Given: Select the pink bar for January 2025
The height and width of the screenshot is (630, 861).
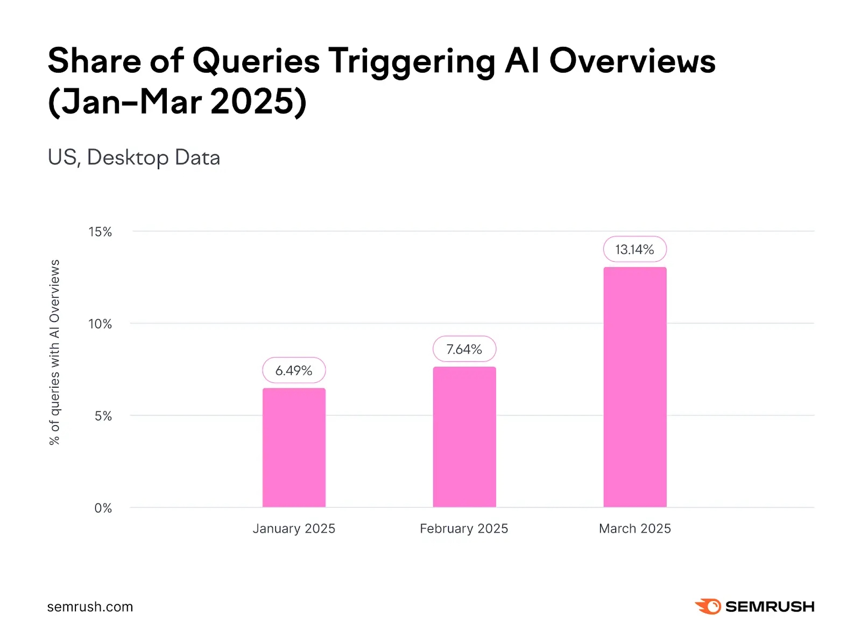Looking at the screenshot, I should point(294,447).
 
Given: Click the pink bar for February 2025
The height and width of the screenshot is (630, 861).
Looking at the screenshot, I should point(464,437).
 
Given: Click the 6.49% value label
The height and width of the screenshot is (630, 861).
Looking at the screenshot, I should point(294,370).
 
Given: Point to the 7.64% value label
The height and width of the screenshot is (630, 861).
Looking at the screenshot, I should point(464,349).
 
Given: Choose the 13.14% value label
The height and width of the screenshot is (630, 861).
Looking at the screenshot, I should point(635,249).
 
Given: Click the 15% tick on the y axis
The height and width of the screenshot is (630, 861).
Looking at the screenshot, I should point(100,232).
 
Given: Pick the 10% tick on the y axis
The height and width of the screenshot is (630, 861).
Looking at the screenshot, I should point(100,324).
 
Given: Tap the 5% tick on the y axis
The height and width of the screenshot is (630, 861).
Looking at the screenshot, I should point(103,416).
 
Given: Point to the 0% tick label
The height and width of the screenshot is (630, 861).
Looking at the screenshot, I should point(103,508).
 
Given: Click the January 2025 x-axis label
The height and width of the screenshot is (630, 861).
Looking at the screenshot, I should point(294,529).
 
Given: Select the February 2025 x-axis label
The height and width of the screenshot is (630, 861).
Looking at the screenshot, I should point(464,529).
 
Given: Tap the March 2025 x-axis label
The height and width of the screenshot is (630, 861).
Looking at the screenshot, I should point(635,529).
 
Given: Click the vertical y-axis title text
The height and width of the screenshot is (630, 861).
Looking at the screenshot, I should point(54,352).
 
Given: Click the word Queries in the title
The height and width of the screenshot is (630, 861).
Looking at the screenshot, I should point(256,61).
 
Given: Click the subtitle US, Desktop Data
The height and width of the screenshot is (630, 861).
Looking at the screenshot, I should point(134,158).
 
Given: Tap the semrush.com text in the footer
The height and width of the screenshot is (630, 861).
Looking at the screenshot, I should point(90,607).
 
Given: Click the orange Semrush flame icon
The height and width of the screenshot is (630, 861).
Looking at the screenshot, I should point(708,606).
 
